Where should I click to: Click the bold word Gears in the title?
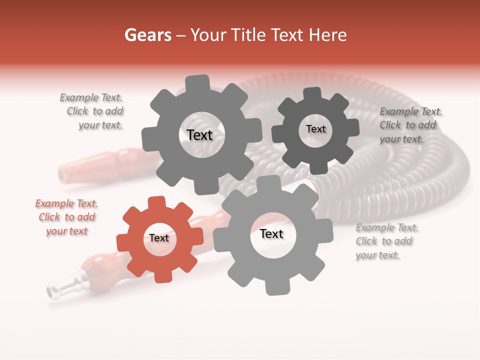coord(147,35)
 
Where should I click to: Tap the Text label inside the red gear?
coord(159,238)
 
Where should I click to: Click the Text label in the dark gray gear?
coord(315,129)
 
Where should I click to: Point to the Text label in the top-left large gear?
coord(199,135)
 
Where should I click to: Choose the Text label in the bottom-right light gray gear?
coord(271,234)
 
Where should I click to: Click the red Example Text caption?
coord(66,217)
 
